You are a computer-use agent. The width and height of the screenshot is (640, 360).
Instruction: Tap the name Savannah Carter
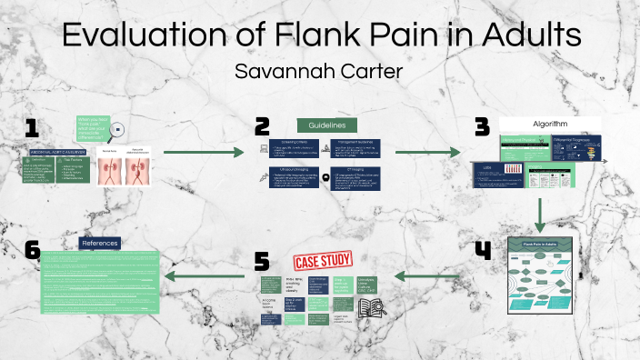click(x=319, y=71)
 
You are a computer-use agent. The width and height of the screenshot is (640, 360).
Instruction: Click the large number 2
click(x=263, y=126)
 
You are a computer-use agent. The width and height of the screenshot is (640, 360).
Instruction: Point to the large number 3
click(x=483, y=127)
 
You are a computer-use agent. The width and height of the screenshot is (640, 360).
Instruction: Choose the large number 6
click(x=33, y=250)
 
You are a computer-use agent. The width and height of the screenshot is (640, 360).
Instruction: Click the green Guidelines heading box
click(x=327, y=125)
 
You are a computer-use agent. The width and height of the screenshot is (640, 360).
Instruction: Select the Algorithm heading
click(x=551, y=125)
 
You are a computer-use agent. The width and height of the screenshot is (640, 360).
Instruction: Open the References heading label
click(x=99, y=243)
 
